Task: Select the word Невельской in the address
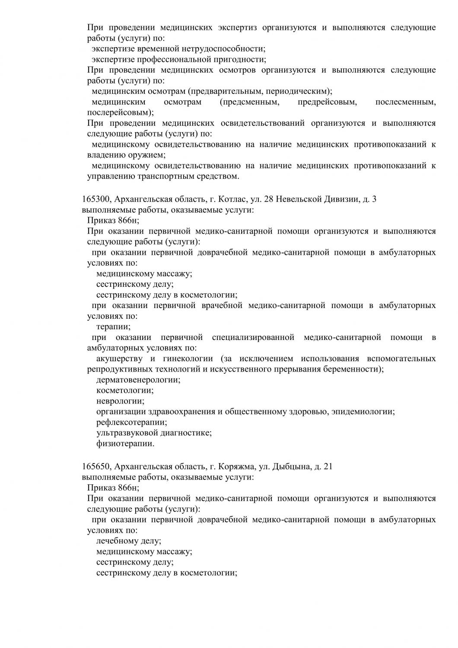point(299,200)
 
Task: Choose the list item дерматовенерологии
point(138,380)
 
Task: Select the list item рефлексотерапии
point(131,422)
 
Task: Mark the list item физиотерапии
point(125,443)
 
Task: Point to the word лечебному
point(116,541)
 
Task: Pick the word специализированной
point(253,337)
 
